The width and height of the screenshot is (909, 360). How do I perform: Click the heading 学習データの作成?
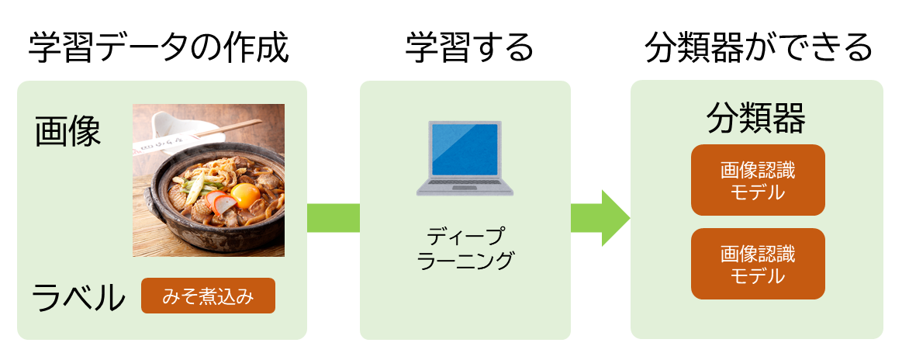pyautogui.click(x=159, y=48)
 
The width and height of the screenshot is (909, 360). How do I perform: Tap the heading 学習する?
pyautogui.click(x=468, y=48)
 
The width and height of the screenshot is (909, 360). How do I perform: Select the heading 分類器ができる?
pyautogui.click(x=759, y=48)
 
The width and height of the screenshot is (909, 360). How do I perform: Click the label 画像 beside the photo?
pyautogui.click(x=67, y=131)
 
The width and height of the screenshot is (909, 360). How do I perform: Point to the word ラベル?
pyautogui.click(x=78, y=298)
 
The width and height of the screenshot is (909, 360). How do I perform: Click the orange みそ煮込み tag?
pyautogui.click(x=208, y=297)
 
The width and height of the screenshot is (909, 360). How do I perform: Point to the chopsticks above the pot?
pyautogui.click(x=226, y=130)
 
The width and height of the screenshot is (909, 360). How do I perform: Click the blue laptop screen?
pyautogui.click(x=465, y=149)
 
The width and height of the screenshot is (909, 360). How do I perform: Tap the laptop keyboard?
pyautogui.click(x=465, y=184)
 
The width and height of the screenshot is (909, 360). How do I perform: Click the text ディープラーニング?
pyautogui.click(x=465, y=249)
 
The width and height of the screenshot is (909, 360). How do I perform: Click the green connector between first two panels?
pyautogui.click(x=334, y=218)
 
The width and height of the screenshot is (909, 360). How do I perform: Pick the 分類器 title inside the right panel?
pyautogui.click(x=756, y=120)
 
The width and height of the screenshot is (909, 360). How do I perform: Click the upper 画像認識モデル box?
pyautogui.click(x=758, y=180)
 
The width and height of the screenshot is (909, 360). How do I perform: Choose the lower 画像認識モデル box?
pyautogui.click(x=758, y=264)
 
